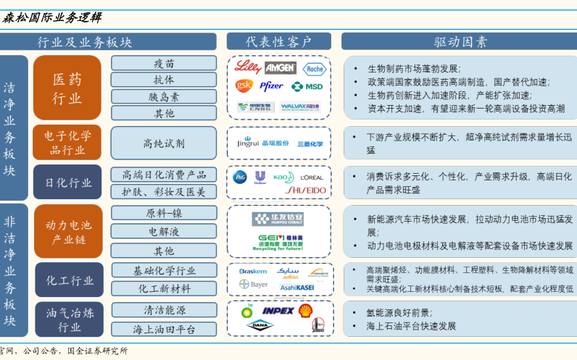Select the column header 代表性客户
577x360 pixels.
pyautogui.click(x=278, y=41)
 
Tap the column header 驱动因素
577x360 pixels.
pyautogui.click(x=460, y=41)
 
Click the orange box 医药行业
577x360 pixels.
pyautogui.click(x=67, y=88)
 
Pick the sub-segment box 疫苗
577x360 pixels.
pyautogui.click(x=163, y=63)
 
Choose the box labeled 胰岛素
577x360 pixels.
pyautogui.click(x=163, y=96)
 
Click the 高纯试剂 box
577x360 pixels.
pyautogui.click(x=163, y=143)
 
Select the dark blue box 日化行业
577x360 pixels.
pyautogui.click(x=67, y=183)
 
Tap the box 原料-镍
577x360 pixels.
pyautogui.click(x=163, y=214)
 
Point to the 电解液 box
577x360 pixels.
pyautogui.click(x=163, y=233)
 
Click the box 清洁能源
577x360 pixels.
pyautogui.click(x=163, y=310)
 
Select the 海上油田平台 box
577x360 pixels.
pyautogui.click(x=163, y=329)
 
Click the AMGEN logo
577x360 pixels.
pyautogui.click(x=280, y=68)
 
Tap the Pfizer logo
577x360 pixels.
pyautogui.click(x=271, y=86)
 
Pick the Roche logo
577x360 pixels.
pyautogui.click(x=314, y=69)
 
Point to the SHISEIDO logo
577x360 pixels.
pyautogui.click(x=306, y=191)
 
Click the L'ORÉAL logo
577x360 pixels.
pyautogui.click(x=312, y=177)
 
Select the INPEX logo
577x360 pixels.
pyautogui.click(x=278, y=311)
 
